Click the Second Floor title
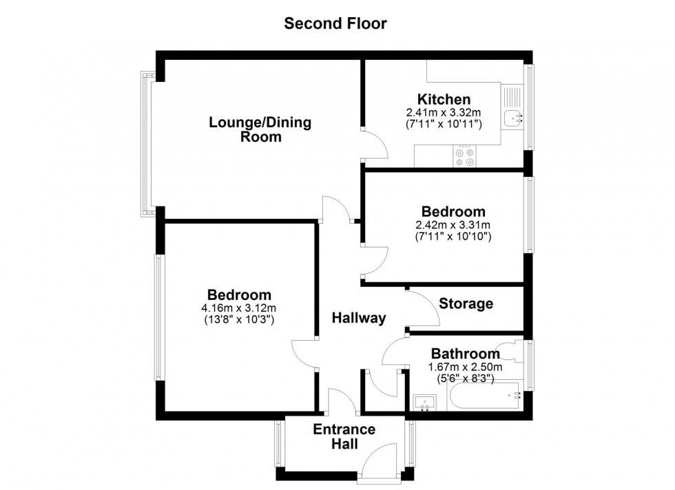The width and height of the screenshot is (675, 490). point(336,23)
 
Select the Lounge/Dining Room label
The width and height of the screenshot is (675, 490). point(260,129)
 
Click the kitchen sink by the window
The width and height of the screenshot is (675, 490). point(512,118)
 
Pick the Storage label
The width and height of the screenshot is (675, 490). point(466,303)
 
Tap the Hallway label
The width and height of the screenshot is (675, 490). point(358,318)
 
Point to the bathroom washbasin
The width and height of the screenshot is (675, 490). point(426,402)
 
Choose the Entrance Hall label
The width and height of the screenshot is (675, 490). point(344,437)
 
